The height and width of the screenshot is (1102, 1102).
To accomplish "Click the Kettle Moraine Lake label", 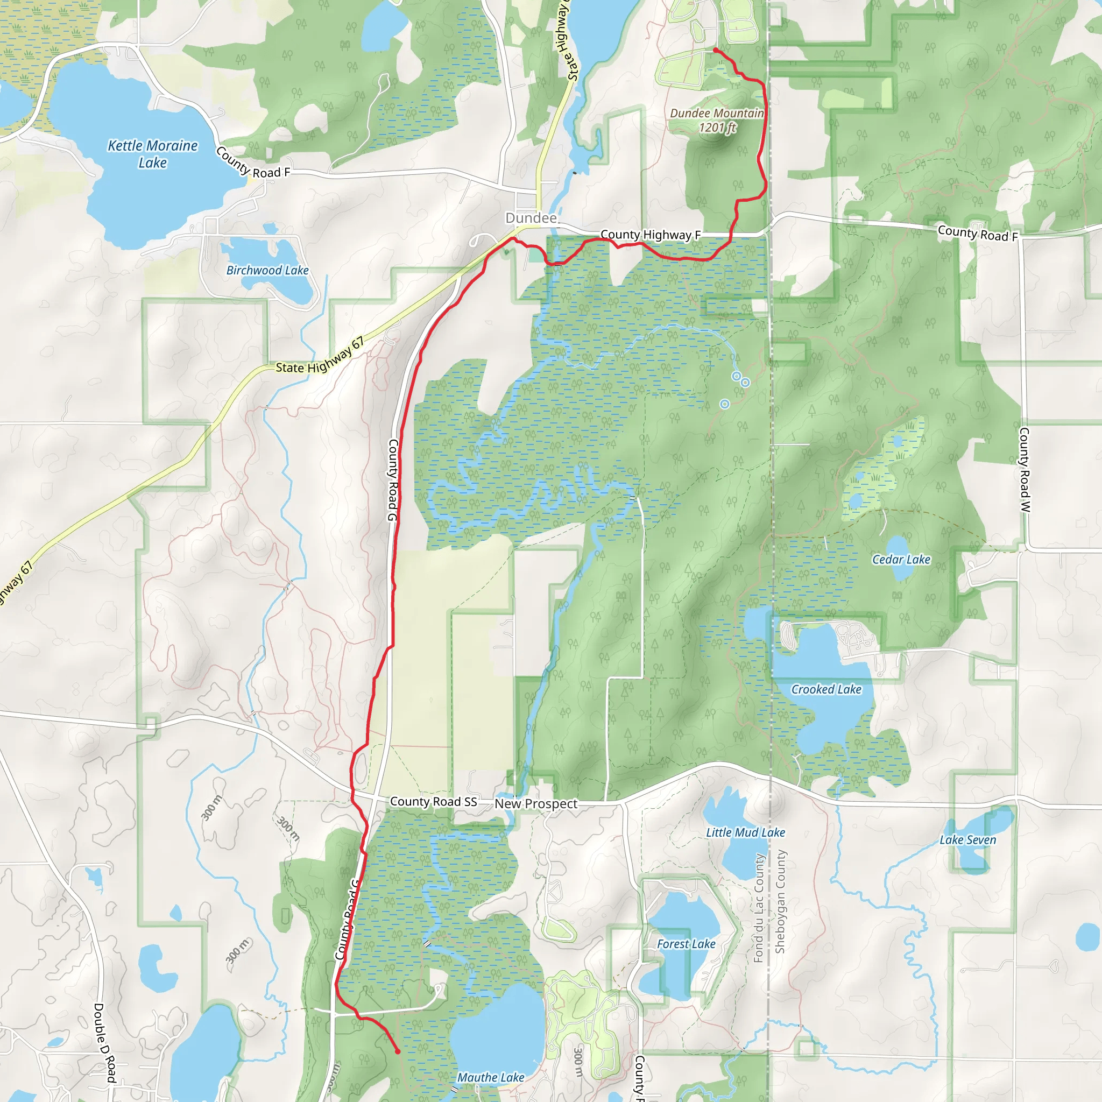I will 152,154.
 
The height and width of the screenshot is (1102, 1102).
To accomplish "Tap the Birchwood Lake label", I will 267,270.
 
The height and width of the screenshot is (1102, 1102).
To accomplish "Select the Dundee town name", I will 531,218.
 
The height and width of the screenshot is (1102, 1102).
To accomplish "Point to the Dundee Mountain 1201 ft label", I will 716,121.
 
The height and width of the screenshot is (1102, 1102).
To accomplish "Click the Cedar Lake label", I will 901,560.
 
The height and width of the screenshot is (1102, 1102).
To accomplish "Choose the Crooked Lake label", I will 826,690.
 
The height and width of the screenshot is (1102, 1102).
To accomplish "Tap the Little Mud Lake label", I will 745,833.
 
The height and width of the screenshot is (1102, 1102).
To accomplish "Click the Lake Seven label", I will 967,839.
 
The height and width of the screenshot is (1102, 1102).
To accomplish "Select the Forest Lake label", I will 686,944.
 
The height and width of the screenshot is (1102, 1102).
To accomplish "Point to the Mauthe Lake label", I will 491,1077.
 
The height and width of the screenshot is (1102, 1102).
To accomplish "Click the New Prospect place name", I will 535,804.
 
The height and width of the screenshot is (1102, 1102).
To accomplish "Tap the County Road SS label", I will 433,801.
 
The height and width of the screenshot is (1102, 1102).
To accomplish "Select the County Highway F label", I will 650,235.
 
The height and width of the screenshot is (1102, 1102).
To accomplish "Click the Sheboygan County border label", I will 780,901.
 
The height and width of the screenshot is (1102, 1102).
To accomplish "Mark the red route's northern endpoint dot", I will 715,50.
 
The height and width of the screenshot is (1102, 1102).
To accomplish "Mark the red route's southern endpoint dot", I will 398,1051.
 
